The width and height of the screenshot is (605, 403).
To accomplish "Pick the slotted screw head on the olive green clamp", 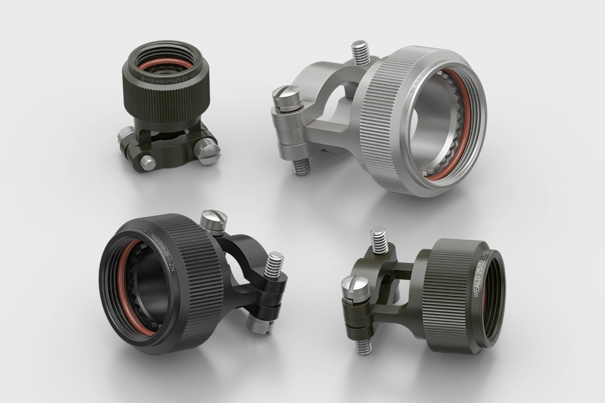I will click(356, 283).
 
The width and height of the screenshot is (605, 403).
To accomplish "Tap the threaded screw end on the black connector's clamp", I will click(273, 263).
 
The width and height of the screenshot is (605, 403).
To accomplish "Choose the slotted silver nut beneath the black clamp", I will click(258, 325).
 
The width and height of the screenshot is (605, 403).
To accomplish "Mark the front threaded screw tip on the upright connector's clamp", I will click(148, 162).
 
